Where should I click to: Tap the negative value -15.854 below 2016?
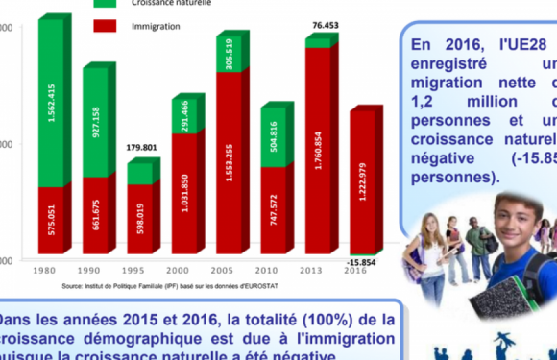363,262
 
